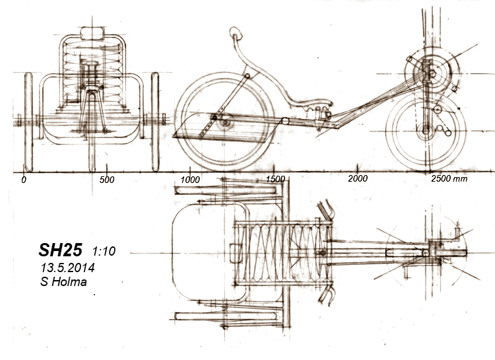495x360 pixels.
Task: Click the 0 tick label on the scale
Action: click(24, 179)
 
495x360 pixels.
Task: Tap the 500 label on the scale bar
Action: click(107, 179)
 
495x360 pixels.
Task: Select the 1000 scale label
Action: click(190, 179)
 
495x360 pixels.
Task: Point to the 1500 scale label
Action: click(274, 179)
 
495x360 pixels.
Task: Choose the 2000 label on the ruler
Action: click(357, 179)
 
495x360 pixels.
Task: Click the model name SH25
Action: click(60, 250)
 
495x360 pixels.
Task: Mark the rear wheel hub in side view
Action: click(226, 122)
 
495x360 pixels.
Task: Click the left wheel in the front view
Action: click(28, 122)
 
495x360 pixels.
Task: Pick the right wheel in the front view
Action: click(156, 122)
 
